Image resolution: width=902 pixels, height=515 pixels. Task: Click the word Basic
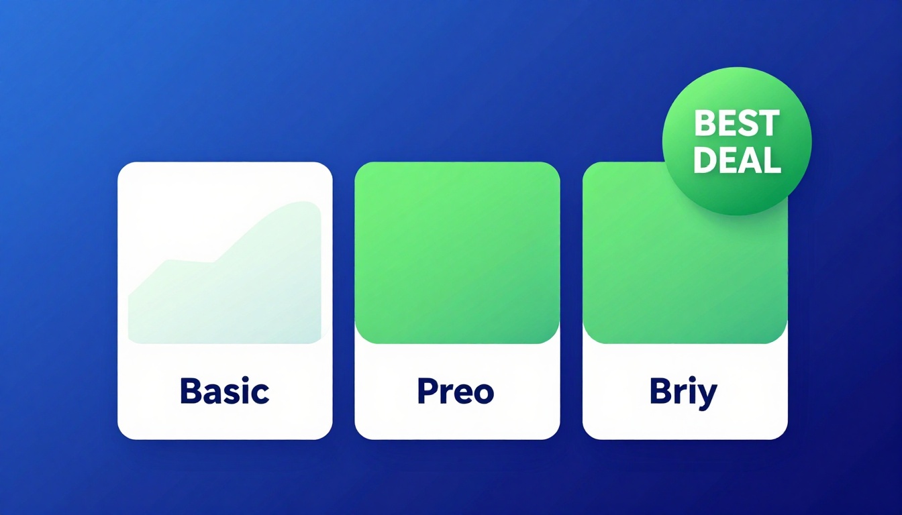(x=224, y=391)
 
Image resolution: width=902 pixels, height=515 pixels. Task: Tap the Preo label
(x=456, y=391)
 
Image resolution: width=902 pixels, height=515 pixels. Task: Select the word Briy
(x=683, y=392)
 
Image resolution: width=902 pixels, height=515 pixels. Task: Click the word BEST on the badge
(x=736, y=124)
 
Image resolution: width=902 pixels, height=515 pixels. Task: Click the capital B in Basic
(x=190, y=391)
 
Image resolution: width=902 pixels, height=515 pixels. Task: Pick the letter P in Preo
(x=425, y=391)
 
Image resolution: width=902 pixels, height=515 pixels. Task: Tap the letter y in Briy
(x=707, y=395)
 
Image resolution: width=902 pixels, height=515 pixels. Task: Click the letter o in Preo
(x=483, y=394)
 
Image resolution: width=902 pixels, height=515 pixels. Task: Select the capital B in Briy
(x=660, y=391)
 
